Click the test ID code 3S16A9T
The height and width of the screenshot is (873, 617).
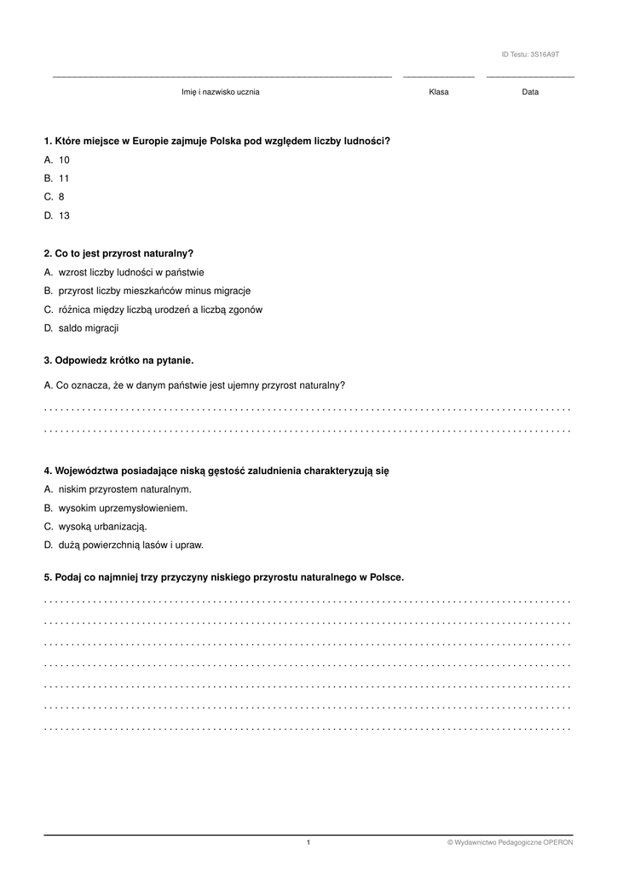[x=545, y=55]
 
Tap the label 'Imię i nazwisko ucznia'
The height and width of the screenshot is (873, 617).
[x=221, y=92]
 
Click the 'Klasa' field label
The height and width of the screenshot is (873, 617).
[x=439, y=92]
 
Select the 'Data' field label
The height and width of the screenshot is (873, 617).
[x=530, y=92]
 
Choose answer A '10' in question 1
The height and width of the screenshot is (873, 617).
[x=63, y=160]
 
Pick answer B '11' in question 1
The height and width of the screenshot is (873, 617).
[x=63, y=179]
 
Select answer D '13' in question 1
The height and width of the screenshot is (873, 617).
[x=63, y=217]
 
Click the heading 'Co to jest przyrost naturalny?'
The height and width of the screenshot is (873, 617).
[x=124, y=254]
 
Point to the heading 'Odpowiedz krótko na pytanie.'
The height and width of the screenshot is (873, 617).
[x=124, y=361]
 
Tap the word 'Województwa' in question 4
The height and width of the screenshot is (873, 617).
[x=88, y=471]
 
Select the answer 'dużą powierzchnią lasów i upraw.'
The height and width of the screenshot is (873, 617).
[x=130, y=546]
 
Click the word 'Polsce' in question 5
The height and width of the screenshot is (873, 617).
[x=385, y=578]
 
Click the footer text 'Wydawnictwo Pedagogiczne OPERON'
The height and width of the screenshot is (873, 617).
[x=513, y=843]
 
